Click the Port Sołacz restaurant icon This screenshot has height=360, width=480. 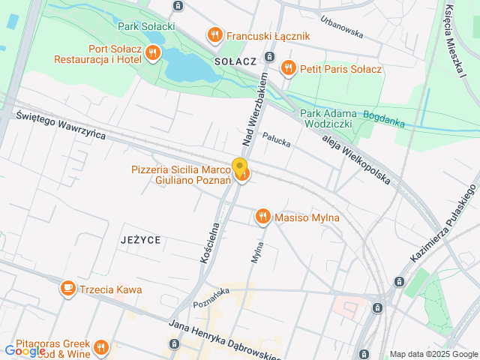[153, 52]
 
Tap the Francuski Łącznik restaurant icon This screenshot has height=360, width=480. [214, 34]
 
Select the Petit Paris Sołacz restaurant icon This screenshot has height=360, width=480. [288, 69]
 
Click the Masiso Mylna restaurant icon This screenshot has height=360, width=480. [262, 217]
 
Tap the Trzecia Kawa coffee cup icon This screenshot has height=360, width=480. [68, 289]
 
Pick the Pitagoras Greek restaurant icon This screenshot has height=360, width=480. [101, 348]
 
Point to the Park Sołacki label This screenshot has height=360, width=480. [147, 26]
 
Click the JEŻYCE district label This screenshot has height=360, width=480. [139, 240]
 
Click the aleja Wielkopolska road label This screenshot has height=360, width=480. [357, 160]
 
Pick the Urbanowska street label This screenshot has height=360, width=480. [341, 28]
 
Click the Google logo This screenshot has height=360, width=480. [25, 350]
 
